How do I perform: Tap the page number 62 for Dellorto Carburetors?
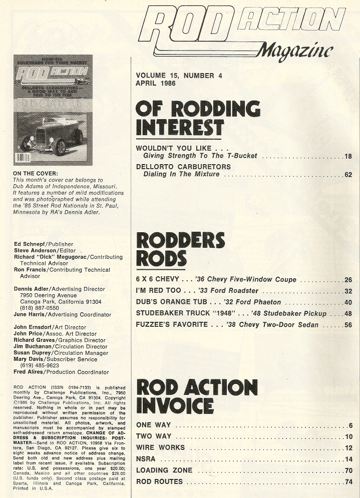(x=348, y=175)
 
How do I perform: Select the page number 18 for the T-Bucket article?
(x=348, y=156)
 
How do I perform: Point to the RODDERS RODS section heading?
(x=180, y=249)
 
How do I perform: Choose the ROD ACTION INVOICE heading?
(x=197, y=396)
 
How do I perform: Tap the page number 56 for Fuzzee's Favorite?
(x=348, y=325)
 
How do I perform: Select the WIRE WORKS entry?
(x=160, y=447)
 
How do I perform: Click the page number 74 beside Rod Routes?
(x=348, y=482)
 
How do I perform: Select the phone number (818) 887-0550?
(x=39, y=308)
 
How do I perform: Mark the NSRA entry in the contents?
(x=146, y=459)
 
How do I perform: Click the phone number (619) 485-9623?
(x=39, y=365)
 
